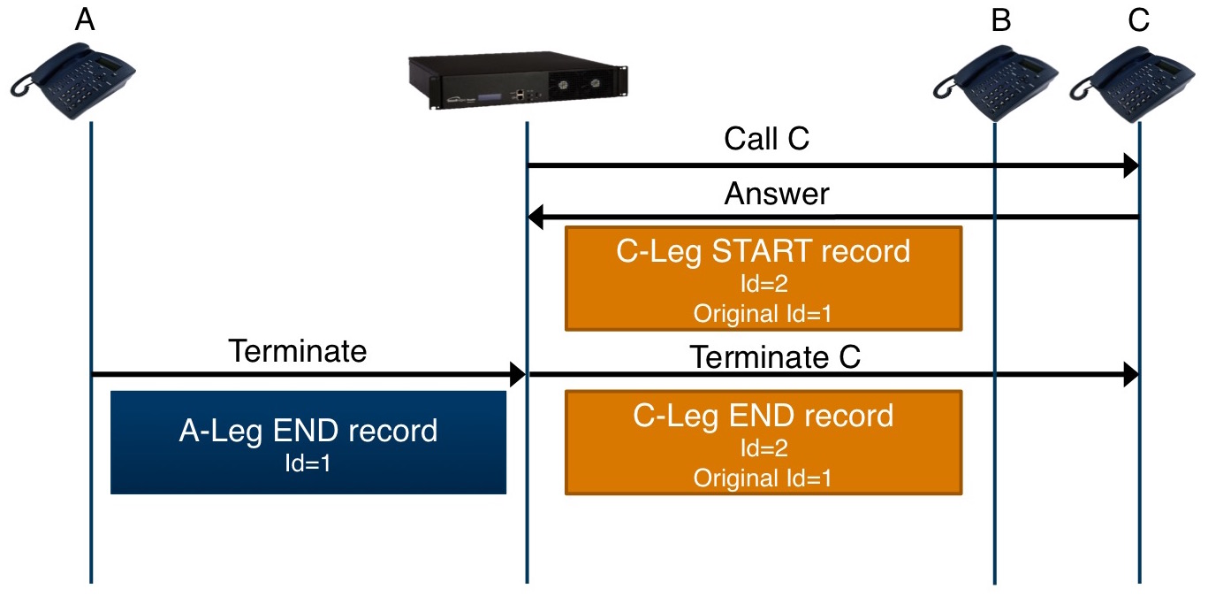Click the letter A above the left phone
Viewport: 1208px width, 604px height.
click(x=85, y=20)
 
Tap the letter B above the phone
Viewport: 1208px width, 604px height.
click(x=1001, y=20)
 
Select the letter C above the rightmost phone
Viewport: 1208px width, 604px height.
click(x=1138, y=20)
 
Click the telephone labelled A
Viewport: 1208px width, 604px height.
click(x=72, y=81)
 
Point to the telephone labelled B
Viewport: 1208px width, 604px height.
click(x=996, y=84)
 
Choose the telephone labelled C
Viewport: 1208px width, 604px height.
click(x=1133, y=84)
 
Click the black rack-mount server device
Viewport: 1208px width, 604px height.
click(x=518, y=80)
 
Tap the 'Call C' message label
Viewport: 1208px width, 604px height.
click(x=766, y=139)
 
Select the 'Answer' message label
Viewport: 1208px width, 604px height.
click(x=777, y=194)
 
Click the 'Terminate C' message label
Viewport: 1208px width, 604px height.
click(x=775, y=356)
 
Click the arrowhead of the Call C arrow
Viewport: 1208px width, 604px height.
click(x=1131, y=165)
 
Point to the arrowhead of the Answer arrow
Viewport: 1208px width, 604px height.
click(x=536, y=217)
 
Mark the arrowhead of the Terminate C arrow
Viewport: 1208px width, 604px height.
click(x=1131, y=374)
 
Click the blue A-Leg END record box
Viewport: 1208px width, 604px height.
click(x=308, y=442)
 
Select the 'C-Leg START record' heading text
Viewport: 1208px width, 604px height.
click(x=764, y=251)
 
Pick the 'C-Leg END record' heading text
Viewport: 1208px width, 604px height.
click(x=764, y=417)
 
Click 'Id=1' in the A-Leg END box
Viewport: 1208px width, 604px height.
click(x=308, y=463)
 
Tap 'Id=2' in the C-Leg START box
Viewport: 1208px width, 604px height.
click(x=764, y=283)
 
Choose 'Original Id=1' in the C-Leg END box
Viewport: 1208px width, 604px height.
click(x=763, y=478)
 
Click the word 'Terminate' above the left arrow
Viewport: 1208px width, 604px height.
click(x=298, y=351)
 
